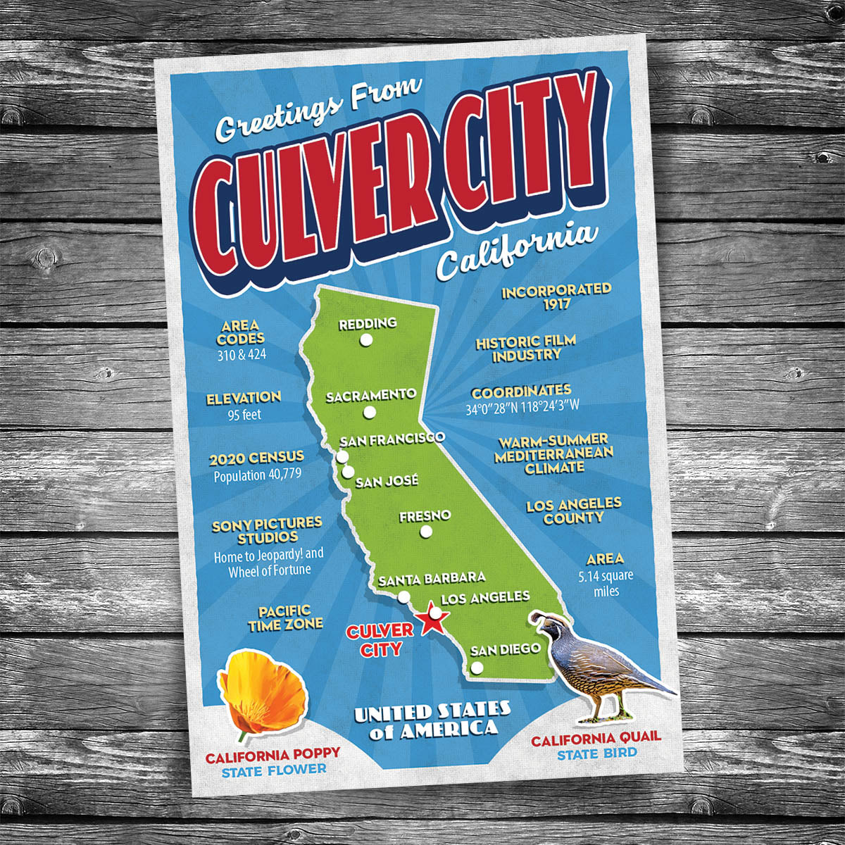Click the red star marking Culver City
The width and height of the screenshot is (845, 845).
[431, 620]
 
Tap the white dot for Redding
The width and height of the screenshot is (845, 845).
[365, 339]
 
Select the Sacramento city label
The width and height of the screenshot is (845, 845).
[370, 396]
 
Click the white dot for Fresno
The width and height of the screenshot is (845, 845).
[425, 532]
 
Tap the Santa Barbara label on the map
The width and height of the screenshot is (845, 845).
[432, 579]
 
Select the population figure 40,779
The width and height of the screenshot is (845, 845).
[258, 475]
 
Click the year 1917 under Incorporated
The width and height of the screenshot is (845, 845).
[556, 305]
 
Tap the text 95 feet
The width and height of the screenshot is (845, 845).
[244, 415]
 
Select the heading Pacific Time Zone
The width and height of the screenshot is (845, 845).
[285, 618]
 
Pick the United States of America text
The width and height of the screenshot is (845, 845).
[432, 720]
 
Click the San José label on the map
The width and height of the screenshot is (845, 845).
[387, 482]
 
